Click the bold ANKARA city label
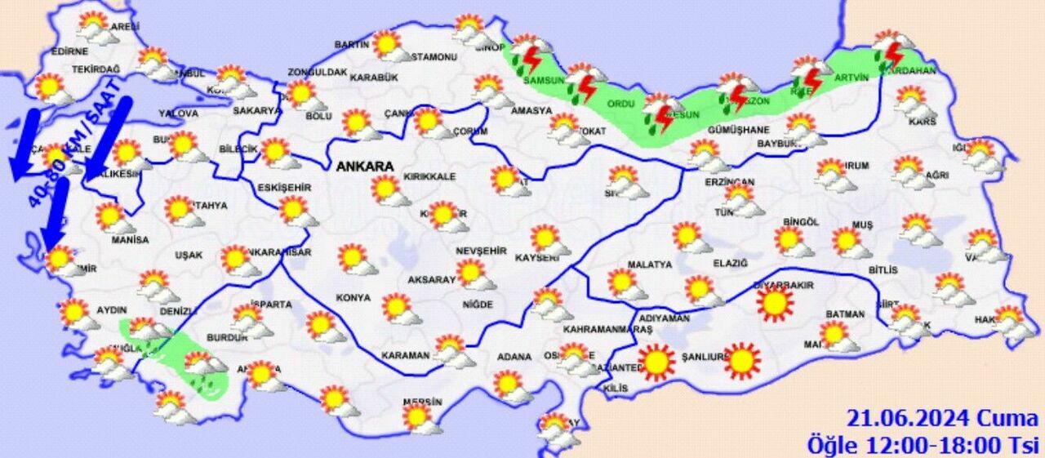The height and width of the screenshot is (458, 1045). [x=365, y=167]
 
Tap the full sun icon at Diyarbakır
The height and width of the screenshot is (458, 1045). [x=775, y=304]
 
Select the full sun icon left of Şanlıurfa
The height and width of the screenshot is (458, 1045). [x=656, y=362]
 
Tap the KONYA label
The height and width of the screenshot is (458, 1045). [x=353, y=298]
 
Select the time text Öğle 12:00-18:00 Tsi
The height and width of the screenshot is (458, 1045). [x=923, y=445]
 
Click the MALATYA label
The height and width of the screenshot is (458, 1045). [x=650, y=265]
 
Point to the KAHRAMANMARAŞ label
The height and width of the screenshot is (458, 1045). [x=607, y=329]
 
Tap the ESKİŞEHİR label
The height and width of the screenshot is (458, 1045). [x=284, y=188]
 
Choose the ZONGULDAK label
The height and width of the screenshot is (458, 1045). [x=317, y=72]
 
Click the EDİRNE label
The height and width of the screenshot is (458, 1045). [x=69, y=51]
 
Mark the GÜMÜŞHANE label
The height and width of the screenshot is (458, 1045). [x=738, y=130]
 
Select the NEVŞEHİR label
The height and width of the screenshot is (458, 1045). [x=482, y=251]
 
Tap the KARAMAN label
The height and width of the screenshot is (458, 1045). [x=405, y=356]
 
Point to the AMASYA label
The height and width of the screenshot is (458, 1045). [x=531, y=111]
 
